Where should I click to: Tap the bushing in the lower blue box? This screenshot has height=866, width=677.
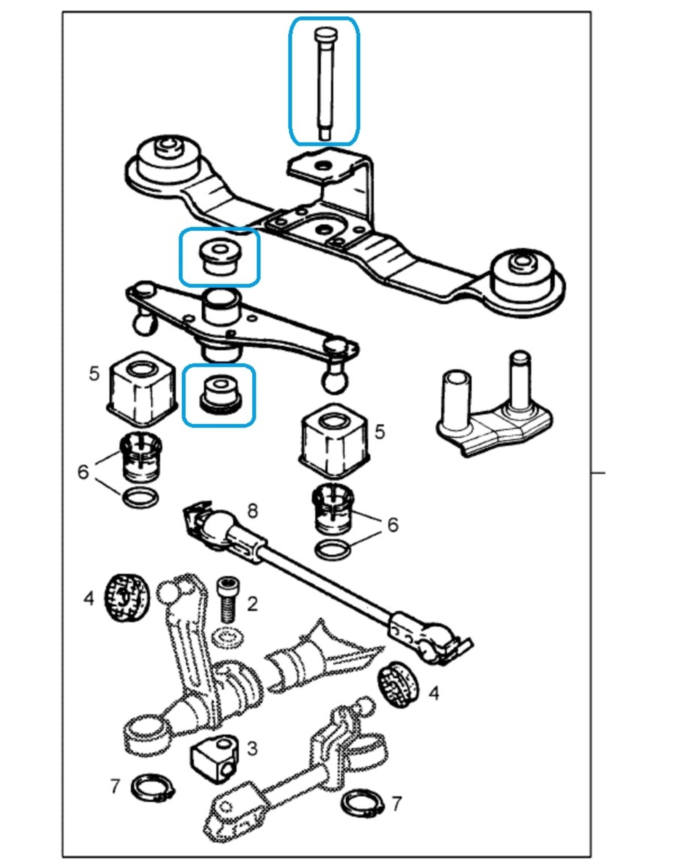[219, 394]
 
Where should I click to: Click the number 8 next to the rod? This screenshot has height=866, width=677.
[252, 511]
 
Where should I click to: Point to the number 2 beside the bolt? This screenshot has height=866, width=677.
[252, 604]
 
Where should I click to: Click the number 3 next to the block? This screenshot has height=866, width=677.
[252, 748]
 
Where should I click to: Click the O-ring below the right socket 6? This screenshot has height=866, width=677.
[333, 551]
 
